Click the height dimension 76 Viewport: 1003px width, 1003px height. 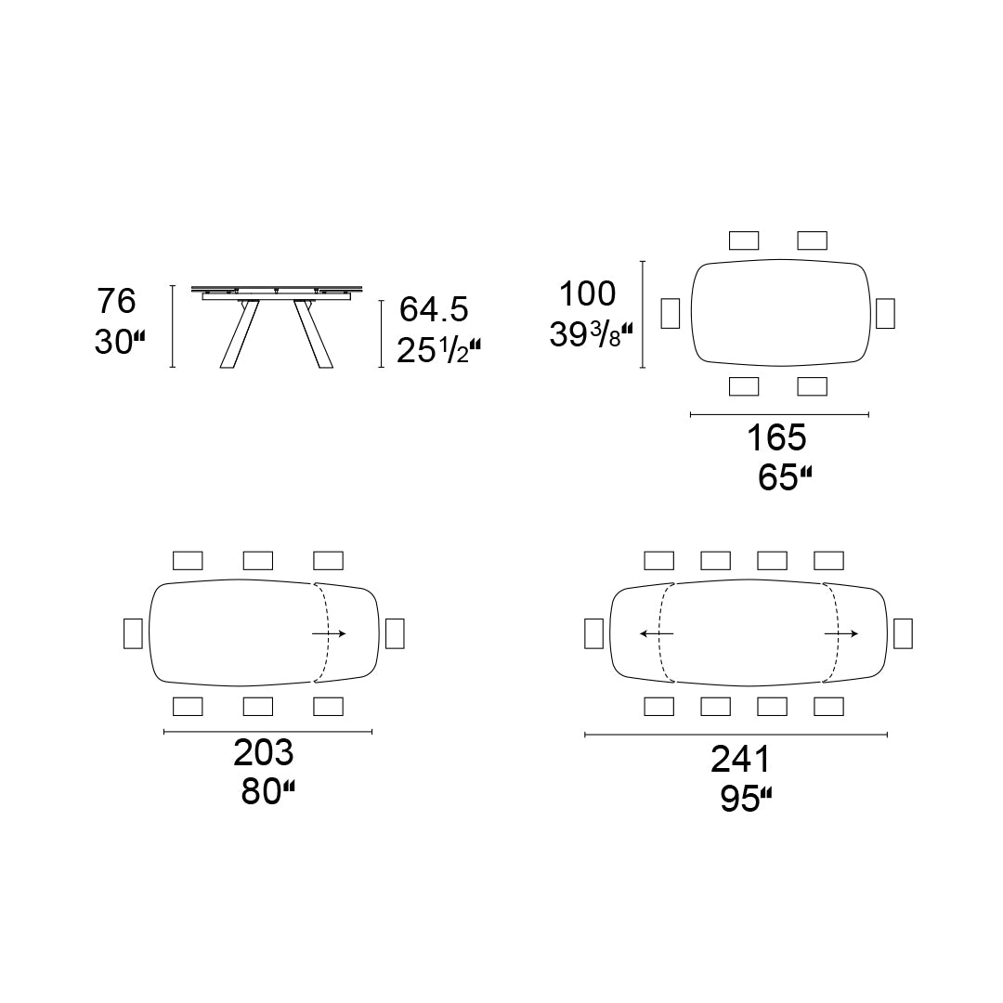pos(116,301)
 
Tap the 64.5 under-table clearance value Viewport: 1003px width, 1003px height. pos(434,309)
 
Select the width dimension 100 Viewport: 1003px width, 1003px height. pos(587,293)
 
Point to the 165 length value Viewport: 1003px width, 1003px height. pos(776,438)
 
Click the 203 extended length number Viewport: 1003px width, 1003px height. pos(264,752)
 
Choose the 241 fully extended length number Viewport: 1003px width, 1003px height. pos(741,760)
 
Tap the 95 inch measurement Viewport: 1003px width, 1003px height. pos(746,799)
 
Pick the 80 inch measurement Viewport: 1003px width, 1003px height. pos(268,792)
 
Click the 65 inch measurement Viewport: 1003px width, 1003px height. pos(785,477)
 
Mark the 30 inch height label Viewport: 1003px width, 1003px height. pos(120,342)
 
